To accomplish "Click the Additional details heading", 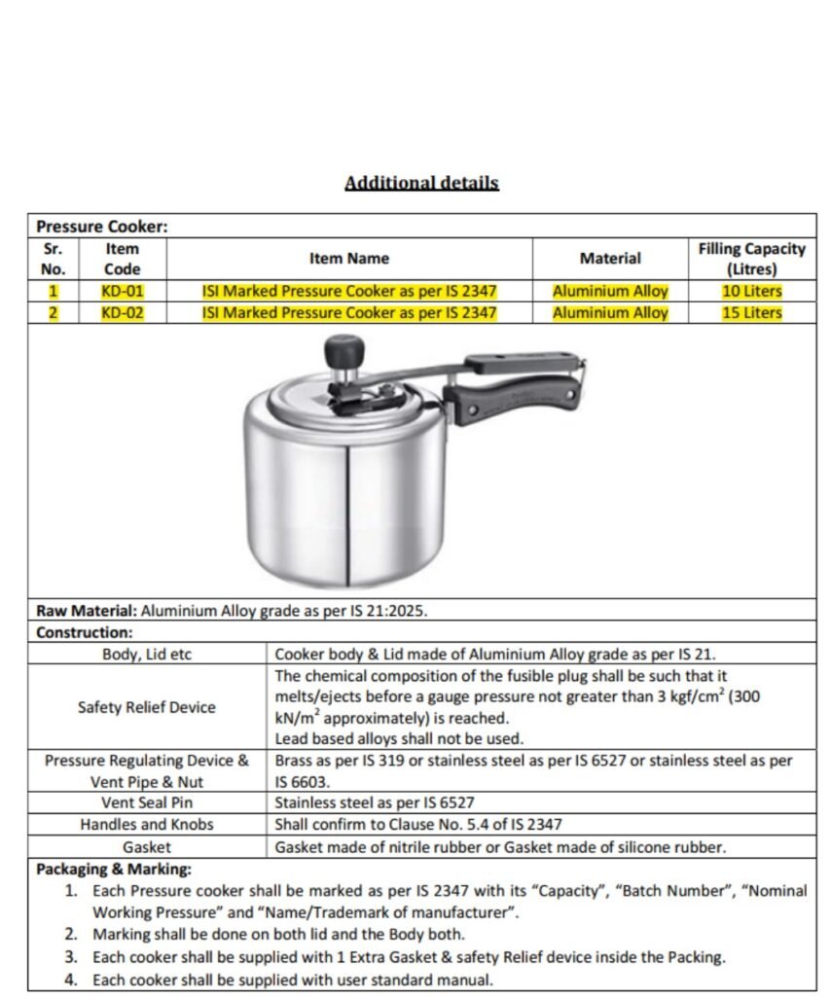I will tap(421, 183).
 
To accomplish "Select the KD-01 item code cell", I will tap(122, 291).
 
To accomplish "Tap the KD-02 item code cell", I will tap(122, 313).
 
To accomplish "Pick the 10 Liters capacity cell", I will tap(751, 291).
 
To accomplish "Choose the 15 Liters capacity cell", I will tap(751, 313).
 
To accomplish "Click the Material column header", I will tap(610, 259).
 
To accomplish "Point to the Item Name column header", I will tap(349, 259).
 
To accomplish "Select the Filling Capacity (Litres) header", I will tap(751, 259).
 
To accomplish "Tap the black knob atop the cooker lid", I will tap(343, 350).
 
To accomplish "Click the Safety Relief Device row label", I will tap(147, 707).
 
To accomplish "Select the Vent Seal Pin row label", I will tap(147, 802).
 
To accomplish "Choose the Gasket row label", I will tap(147, 847).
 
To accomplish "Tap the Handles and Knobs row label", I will tap(147, 825).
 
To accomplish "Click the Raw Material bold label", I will tap(87, 612).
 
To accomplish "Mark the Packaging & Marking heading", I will tap(114, 870).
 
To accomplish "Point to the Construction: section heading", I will tap(85, 633).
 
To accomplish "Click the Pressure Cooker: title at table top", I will tap(102, 227).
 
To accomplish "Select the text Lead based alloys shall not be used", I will tap(399, 739).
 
